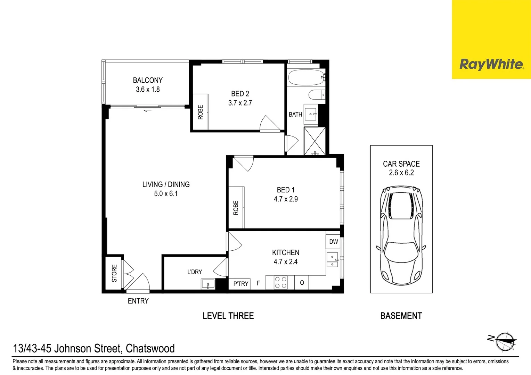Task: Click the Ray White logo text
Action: (x=491, y=64)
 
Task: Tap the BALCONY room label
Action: (x=148, y=80)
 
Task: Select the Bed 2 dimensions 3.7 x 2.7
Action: (x=240, y=103)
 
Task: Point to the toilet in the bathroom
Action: (x=316, y=95)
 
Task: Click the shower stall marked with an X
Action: (x=315, y=141)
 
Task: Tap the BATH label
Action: (x=295, y=115)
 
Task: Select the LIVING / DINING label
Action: (x=166, y=184)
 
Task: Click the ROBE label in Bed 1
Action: (x=236, y=208)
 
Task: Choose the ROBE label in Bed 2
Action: (x=201, y=112)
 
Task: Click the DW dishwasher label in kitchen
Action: (x=333, y=242)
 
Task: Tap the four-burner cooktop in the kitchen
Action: (x=281, y=282)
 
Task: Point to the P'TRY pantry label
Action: (x=240, y=284)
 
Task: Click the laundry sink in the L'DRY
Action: (x=208, y=284)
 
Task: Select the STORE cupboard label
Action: (x=114, y=273)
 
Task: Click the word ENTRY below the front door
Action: (x=138, y=301)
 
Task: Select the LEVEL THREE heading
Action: (x=228, y=316)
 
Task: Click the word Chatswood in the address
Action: (x=150, y=348)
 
